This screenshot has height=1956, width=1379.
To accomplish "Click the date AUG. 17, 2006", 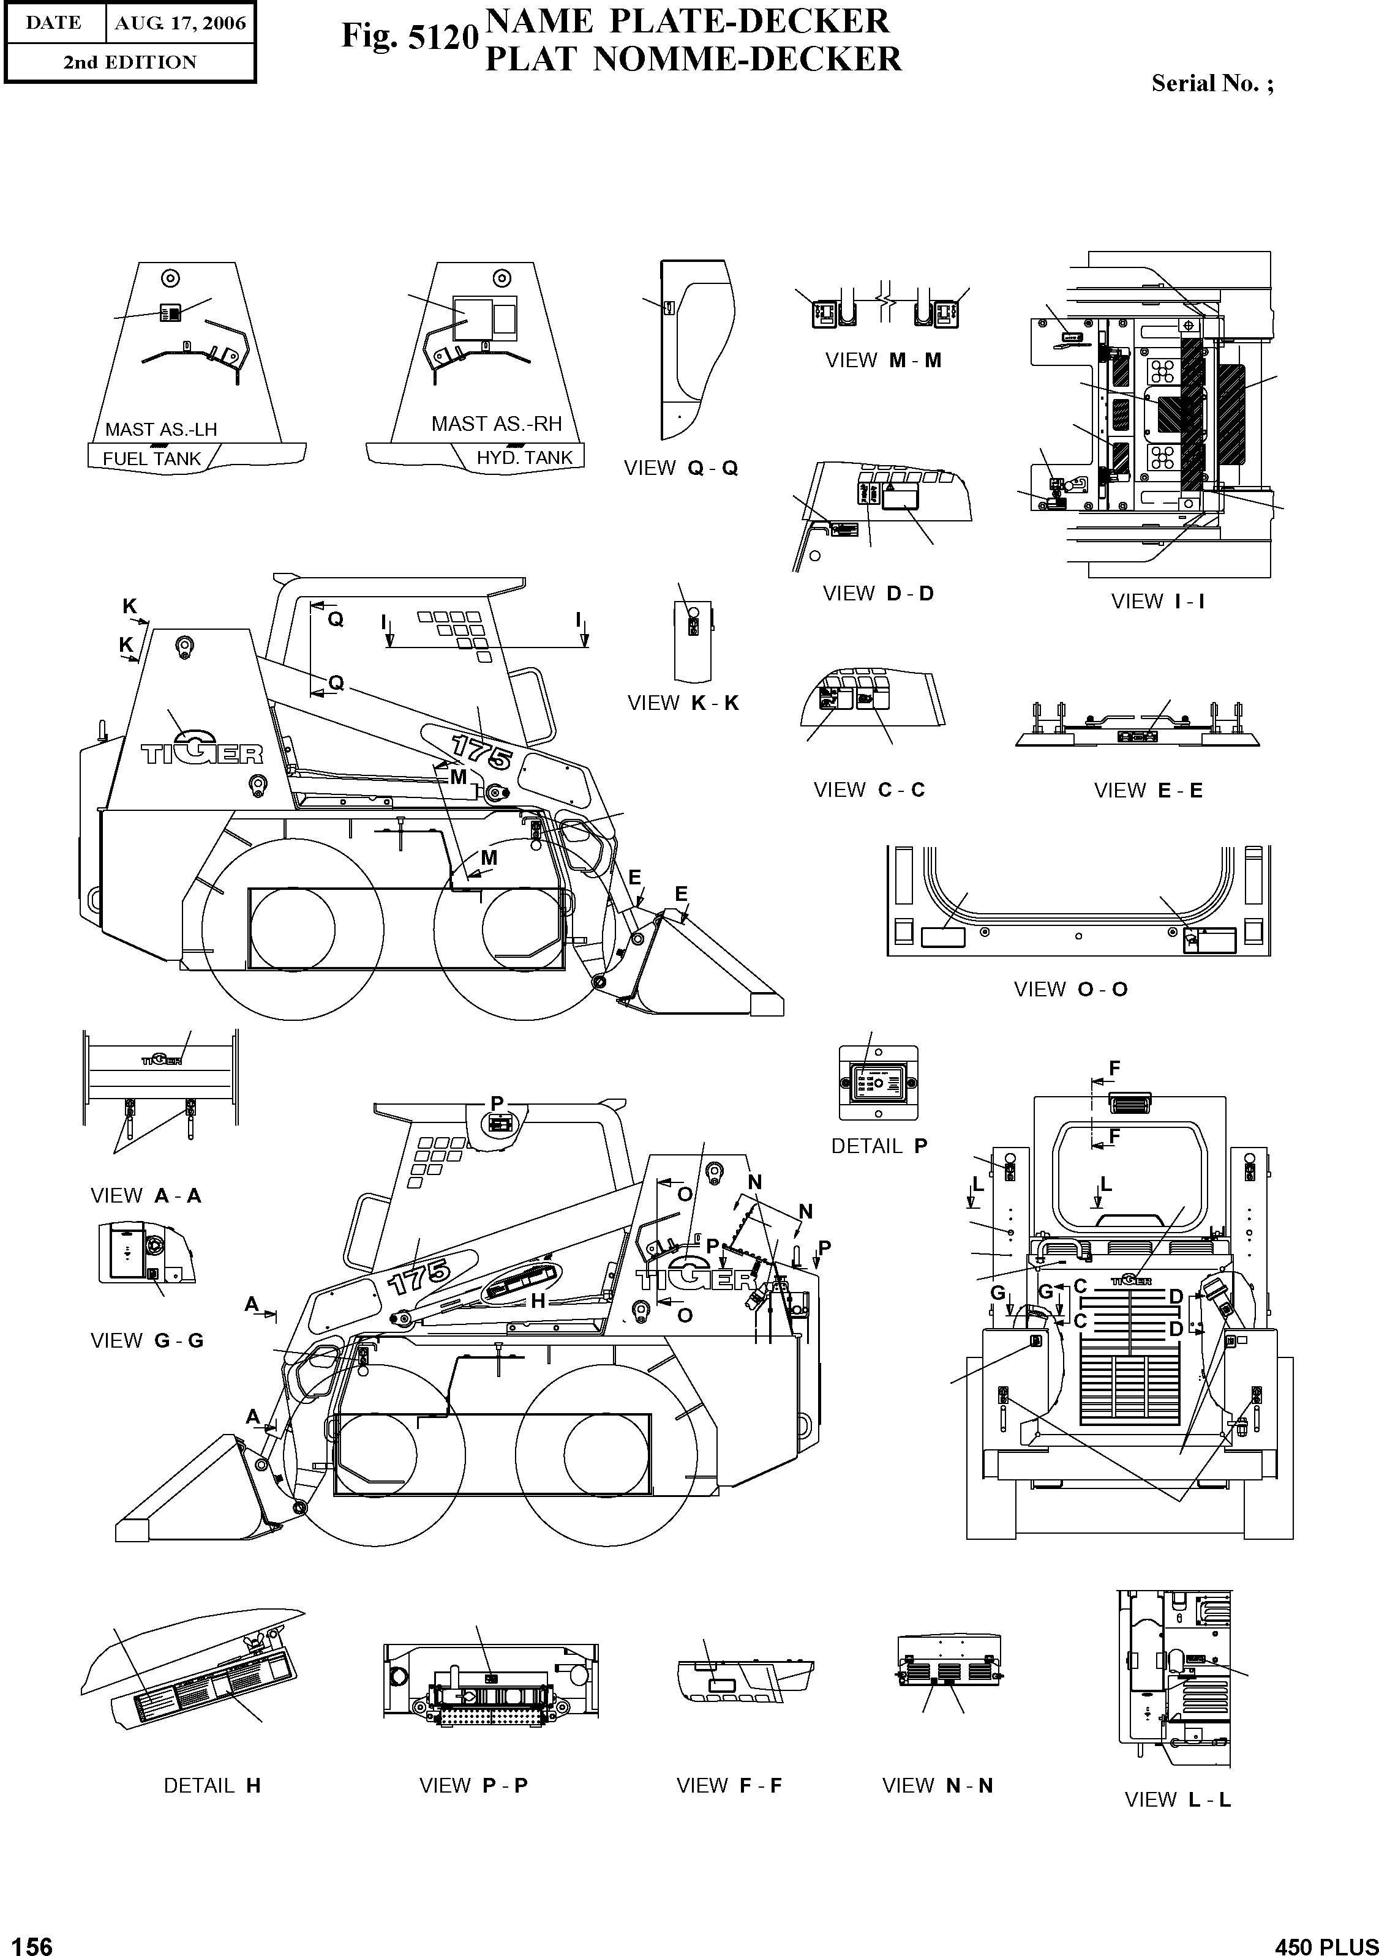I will coord(180,23).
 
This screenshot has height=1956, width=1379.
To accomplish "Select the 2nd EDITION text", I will coord(130,62).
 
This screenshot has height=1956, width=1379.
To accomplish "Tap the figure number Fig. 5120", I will coord(410,37).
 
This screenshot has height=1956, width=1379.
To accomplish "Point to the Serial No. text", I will coord(1212,83).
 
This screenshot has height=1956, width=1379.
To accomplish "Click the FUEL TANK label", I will coord(152,458).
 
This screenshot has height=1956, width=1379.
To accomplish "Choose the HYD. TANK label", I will coord(524,457).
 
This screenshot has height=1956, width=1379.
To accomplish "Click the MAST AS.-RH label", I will coord(496,424).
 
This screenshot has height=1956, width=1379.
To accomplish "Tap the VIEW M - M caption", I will coord(883,360).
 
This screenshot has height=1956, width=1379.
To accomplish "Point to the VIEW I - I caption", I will coord(1157,602).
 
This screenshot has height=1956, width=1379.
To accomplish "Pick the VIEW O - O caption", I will coord(1070,989).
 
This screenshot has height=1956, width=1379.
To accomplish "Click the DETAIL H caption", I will coord(211,1786).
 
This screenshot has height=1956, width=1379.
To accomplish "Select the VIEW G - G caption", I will coord(146,1340).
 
